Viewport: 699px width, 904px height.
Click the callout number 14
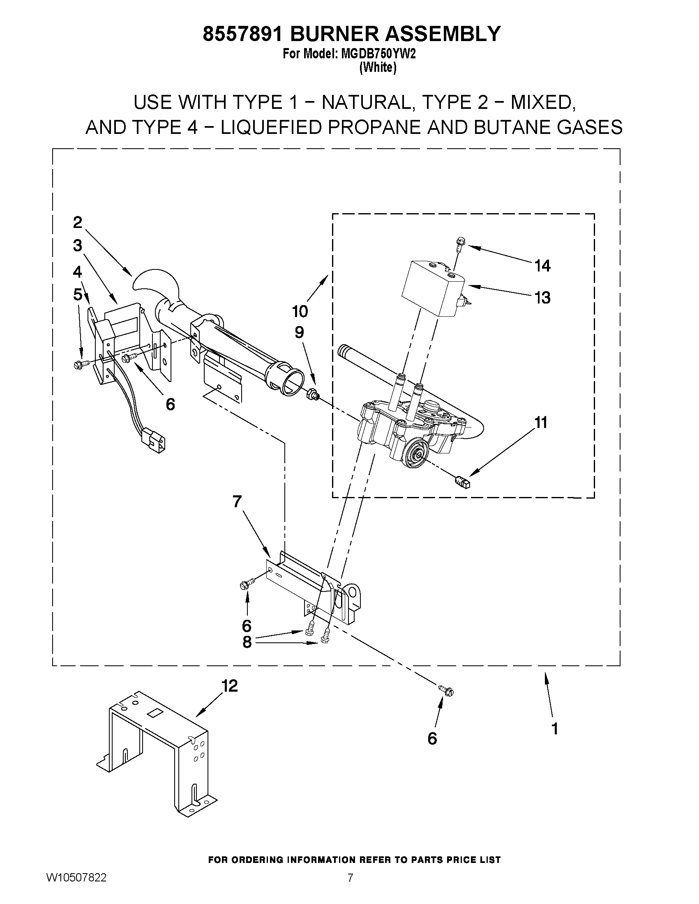point(542,266)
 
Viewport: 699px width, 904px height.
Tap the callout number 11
point(541,423)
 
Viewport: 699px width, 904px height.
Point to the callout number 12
point(230,686)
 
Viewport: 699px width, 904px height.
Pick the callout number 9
point(299,332)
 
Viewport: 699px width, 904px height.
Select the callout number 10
point(300,311)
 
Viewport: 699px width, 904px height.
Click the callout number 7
point(237,501)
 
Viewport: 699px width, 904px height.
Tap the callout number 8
point(247,642)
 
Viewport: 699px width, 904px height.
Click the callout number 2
point(77,223)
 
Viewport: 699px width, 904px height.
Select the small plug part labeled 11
point(464,482)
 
